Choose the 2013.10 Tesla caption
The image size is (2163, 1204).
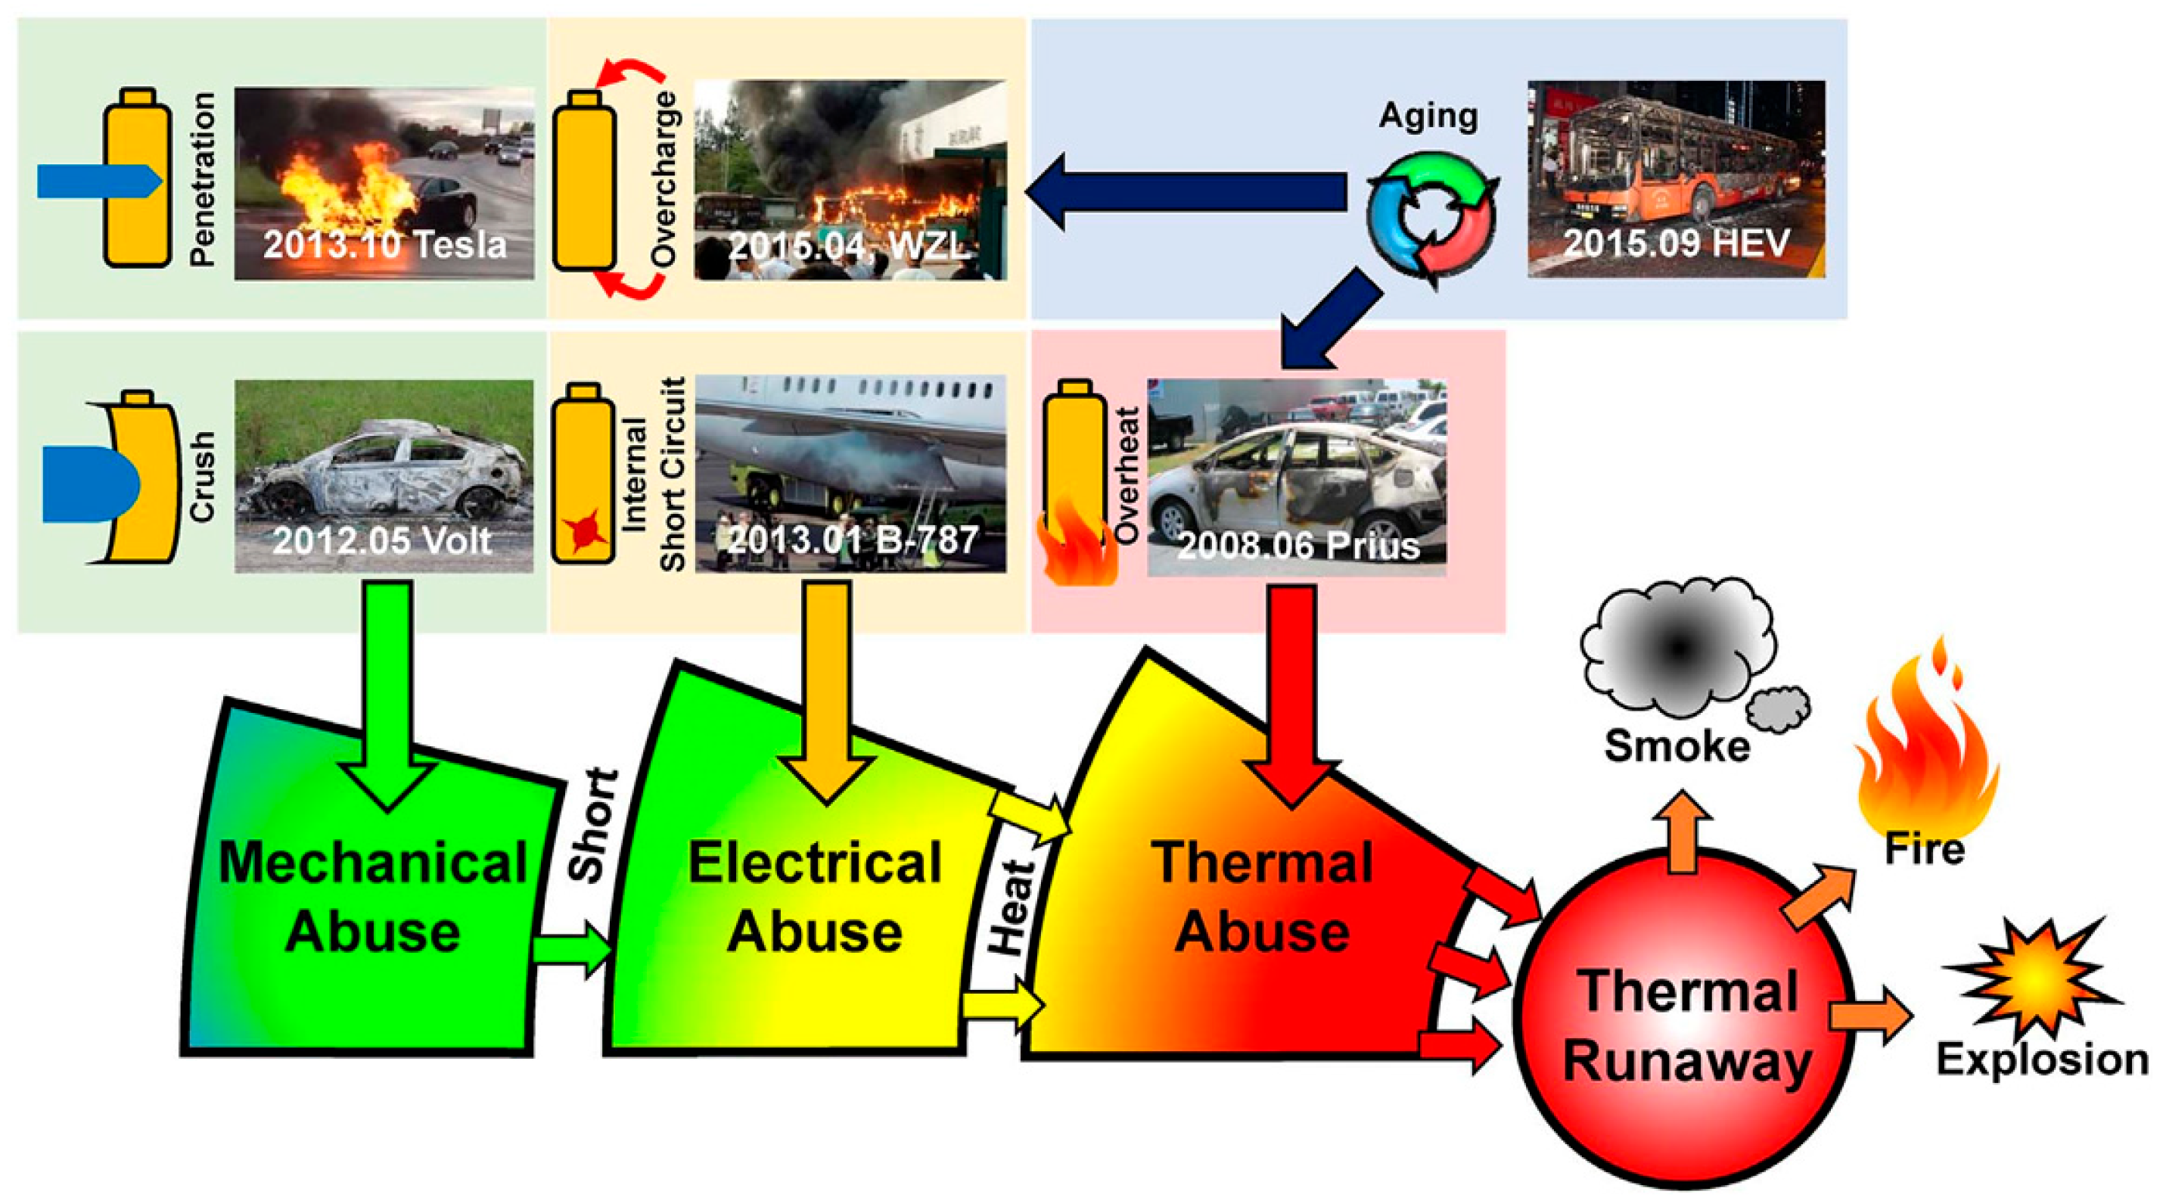(384, 244)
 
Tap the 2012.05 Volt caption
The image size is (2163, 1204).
(382, 542)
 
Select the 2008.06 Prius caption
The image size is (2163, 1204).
(1298, 546)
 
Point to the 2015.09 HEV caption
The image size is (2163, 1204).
(1676, 243)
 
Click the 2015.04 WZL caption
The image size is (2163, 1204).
(848, 246)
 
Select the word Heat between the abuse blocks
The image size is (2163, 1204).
(1010, 907)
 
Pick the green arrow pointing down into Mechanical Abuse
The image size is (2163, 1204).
(387, 697)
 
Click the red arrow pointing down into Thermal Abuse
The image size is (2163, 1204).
(1291, 697)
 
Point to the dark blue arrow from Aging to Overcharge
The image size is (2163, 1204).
(1184, 191)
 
